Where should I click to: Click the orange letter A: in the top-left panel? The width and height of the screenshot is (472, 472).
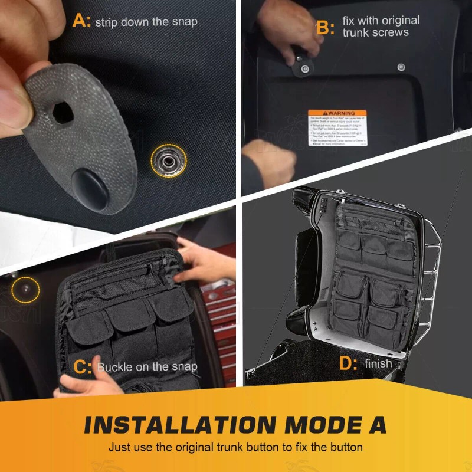81,22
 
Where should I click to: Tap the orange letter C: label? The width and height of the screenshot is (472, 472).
82,366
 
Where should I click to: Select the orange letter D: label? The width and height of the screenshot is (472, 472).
348,363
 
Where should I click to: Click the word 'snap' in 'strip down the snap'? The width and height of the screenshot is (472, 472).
184,22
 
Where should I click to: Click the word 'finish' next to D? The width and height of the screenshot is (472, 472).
378,363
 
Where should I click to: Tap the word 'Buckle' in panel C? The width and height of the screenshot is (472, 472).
115,366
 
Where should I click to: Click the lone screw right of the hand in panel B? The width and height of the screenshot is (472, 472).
401,67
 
